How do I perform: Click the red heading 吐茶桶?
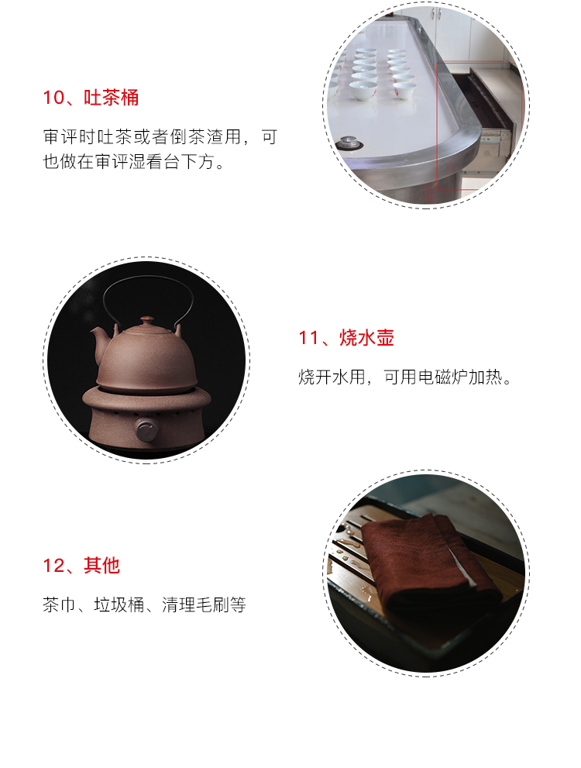(x=111, y=98)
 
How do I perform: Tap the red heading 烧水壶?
(x=366, y=337)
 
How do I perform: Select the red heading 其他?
(x=101, y=565)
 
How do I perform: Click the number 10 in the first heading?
(x=53, y=98)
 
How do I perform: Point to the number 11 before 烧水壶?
(x=309, y=337)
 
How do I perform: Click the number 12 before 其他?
(x=53, y=565)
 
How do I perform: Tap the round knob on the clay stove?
(x=146, y=429)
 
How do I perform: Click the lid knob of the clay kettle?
(x=147, y=320)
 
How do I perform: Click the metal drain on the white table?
(x=349, y=143)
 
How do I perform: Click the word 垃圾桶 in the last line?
(x=119, y=605)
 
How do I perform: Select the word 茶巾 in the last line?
(x=59, y=605)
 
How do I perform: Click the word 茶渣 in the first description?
(x=205, y=136)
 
